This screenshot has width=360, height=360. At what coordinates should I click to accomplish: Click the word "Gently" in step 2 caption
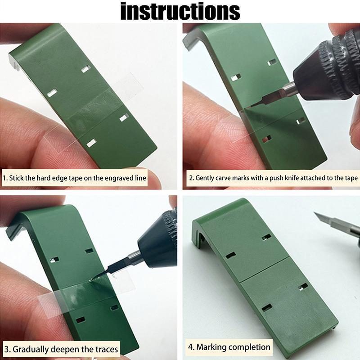(x=206, y=178)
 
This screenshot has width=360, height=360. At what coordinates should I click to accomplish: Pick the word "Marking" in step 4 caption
(x=211, y=347)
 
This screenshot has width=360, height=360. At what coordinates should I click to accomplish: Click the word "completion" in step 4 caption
(x=249, y=347)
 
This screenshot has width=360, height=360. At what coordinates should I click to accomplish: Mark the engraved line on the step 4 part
(x=261, y=270)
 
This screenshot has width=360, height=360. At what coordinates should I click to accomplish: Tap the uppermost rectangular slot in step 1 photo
(x=85, y=68)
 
